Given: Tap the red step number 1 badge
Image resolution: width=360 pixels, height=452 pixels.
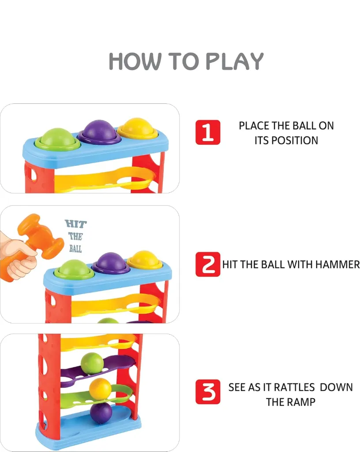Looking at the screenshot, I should click(x=207, y=132).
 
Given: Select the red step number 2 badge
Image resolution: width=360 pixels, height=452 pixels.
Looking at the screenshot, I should click(x=207, y=265).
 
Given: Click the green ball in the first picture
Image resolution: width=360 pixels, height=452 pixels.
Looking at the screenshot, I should click(x=57, y=138).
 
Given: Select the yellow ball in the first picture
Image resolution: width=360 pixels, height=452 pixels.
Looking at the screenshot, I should click(x=138, y=128).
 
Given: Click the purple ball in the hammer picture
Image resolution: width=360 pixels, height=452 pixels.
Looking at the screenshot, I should click(x=111, y=262).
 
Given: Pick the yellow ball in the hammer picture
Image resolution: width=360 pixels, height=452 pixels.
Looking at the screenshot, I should click(x=145, y=260).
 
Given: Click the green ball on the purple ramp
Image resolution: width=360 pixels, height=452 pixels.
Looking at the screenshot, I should click(x=92, y=363).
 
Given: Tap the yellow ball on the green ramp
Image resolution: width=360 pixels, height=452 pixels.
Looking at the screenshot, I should click(x=100, y=388).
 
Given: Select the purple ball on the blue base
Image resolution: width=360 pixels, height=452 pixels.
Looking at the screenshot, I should click(x=101, y=412).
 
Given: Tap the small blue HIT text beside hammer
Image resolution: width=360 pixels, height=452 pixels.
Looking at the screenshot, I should click(x=75, y=224).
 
